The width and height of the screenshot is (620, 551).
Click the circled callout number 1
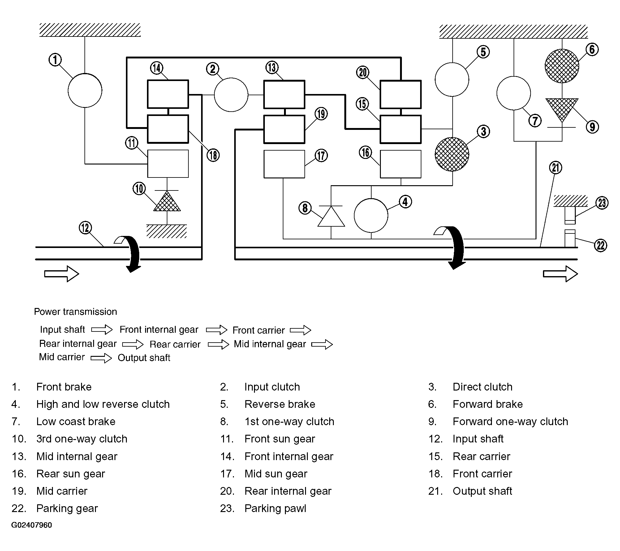coord(55,60)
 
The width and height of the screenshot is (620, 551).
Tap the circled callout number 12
coord(85,228)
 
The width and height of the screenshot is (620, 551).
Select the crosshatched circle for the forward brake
coord(562,66)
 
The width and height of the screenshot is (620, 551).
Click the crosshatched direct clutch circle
coord(452,154)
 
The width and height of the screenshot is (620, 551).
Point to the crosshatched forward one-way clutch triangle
coord(562,110)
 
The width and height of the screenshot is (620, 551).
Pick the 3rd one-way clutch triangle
coord(167,201)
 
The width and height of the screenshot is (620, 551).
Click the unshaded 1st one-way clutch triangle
coord(331,216)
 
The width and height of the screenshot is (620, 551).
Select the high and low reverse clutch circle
coord(371,215)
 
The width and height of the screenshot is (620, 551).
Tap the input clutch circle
coord(231,95)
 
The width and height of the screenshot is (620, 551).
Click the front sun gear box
coord(168,164)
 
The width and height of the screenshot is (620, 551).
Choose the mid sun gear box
coord(284,164)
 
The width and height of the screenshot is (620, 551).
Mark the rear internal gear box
coord(401,94)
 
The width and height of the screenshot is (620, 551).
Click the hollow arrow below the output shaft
coord(560,274)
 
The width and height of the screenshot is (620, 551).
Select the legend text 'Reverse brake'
coord(280,404)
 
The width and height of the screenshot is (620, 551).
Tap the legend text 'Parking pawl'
coord(275,508)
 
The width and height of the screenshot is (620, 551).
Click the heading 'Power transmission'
coord(75,311)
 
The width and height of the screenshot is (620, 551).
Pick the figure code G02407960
coord(32,525)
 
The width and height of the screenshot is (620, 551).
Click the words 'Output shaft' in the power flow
coord(144,358)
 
